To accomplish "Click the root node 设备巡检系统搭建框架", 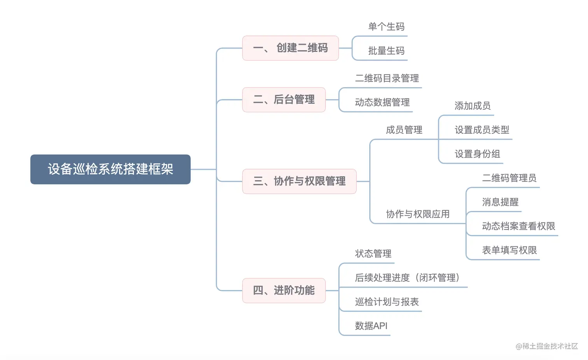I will click(x=110, y=169).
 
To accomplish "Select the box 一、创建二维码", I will click(x=290, y=48).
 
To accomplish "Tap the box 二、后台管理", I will click(x=283, y=100).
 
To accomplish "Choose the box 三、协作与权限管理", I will click(x=299, y=181).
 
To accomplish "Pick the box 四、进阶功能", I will click(x=283, y=290).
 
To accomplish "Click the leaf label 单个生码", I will click(x=386, y=27).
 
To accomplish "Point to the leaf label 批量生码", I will click(x=386, y=51).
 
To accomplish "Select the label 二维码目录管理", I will click(x=387, y=78).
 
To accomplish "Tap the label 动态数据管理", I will click(x=382, y=102).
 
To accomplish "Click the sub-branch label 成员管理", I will click(x=404, y=130).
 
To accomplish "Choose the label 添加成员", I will click(x=472, y=106).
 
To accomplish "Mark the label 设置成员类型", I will click(x=482, y=130).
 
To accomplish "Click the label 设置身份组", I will click(x=477, y=154).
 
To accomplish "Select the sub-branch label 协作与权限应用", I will click(x=418, y=214).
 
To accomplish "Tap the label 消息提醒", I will click(x=500, y=202).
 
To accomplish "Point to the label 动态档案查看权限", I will click(x=518, y=226).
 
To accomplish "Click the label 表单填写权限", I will click(x=509, y=250).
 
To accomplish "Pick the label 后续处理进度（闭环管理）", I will click(x=407, y=277).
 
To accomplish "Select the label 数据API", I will click(x=371, y=326).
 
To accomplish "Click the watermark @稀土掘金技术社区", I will click(x=547, y=346).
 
